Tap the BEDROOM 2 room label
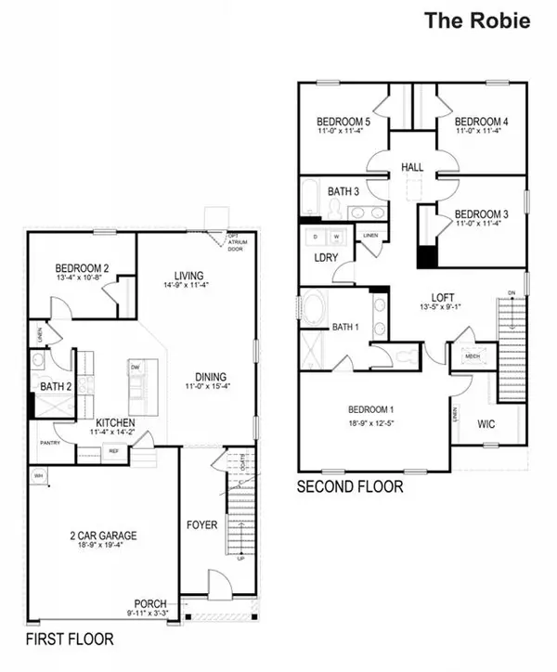pos(83,269)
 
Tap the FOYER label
pos(201,525)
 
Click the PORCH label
pos(149,602)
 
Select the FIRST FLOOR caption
pos(70,640)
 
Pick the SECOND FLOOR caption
pos(349,486)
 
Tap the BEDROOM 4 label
pos(481,122)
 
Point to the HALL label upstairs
pos(412,167)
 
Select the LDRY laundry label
pos(326,257)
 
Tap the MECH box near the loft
pos(471,356)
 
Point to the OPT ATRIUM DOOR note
pos(240,243)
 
